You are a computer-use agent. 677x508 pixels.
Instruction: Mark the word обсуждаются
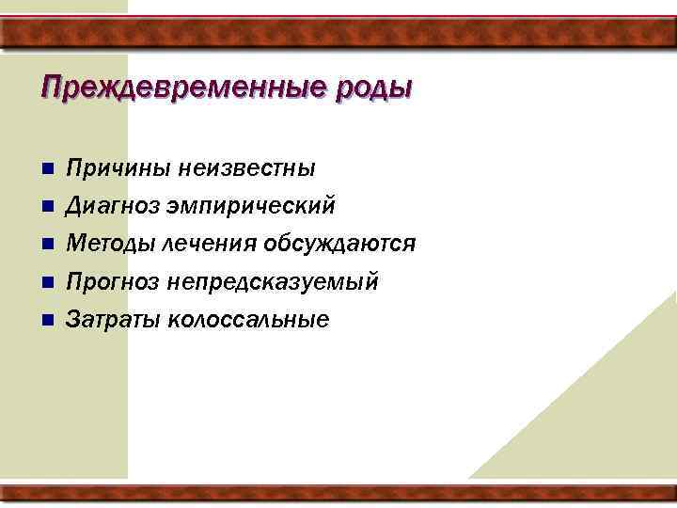point(340,245)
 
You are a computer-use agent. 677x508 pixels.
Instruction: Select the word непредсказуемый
point(273,281)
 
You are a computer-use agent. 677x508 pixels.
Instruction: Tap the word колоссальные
point(248,320)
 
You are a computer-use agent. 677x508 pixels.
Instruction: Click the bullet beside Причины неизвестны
point(47,169)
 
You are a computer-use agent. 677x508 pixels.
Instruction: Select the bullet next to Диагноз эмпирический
point(47,206)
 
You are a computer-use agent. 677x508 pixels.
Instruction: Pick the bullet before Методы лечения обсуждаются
point(47,245)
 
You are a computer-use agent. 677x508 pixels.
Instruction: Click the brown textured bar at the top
point(338,33)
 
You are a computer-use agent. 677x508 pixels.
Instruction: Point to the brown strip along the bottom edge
point(338,493)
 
